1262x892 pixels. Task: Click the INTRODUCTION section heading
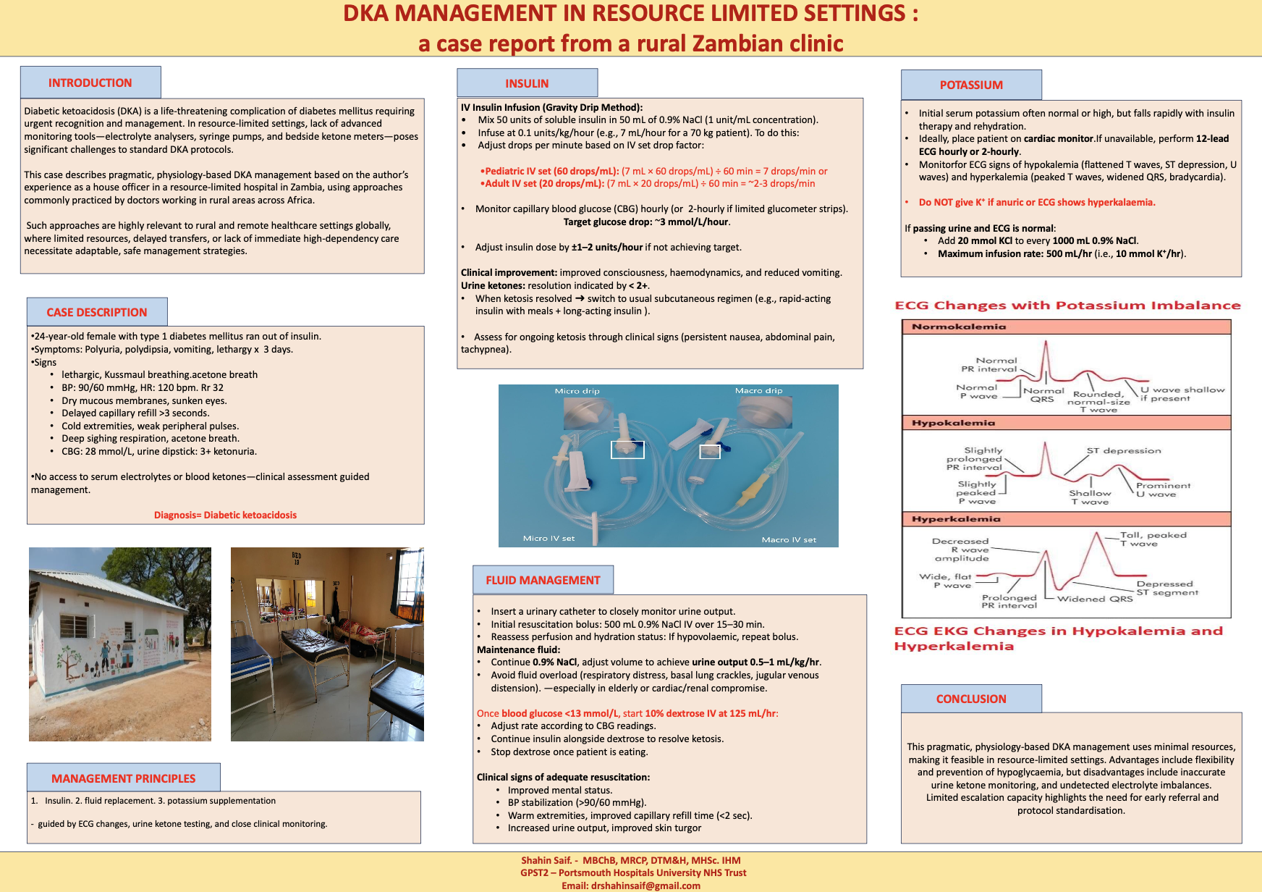click(x=90, y=83)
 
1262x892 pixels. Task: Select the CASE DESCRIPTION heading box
click(x=97, y=312)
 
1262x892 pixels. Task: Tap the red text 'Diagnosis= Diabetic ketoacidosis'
click(x=225, y=515)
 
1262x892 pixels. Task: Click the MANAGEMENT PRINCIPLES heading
click(x=124, y=778)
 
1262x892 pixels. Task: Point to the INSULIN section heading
click(x=527, y=83)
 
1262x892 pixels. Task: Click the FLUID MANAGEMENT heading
click(x=543, y=580)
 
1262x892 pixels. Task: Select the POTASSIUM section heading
click(x=971, y=85)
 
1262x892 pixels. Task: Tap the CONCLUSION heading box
click(x=971, y=699)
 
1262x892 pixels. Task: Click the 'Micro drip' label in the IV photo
click(x=577, y=391)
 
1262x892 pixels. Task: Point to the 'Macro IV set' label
click(x=789, y=539)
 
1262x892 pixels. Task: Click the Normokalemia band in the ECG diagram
click(x=1067, y=327)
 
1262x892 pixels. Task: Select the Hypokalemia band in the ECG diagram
click(x=1067, y=423)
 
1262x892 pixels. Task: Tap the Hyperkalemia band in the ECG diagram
click(x=1067, y=519)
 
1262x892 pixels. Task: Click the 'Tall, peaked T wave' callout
click(x=1153, y=539)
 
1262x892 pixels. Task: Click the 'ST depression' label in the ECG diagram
click(x=1124, y=450)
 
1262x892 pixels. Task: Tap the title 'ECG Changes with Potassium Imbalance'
click(x=1067, y=306)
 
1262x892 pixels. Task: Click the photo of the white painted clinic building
click(x=120, y=644)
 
